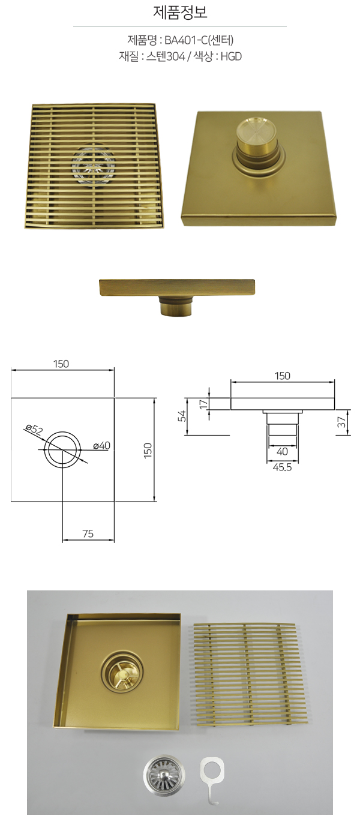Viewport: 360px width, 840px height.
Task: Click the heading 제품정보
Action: click(180, 13)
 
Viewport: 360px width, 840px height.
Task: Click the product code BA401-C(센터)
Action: click(199, 40)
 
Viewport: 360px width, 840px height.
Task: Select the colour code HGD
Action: click(231, 56)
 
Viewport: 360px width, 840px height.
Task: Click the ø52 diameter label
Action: click(34, 428)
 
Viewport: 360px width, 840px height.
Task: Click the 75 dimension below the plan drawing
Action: click(88, 533)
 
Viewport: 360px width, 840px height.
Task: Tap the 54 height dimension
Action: click(182, 416)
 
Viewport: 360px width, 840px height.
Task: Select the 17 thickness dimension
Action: click(203, 404)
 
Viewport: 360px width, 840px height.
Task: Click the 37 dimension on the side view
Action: click(341, 422)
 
